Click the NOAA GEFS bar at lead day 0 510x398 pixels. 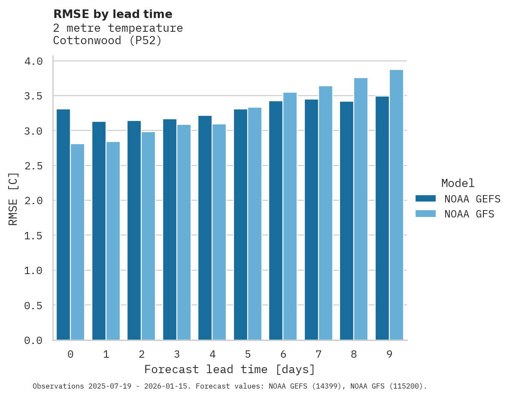pos(63,225)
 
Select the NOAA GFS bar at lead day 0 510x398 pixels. pos(77,242)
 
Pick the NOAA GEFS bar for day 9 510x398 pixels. pos(382,218)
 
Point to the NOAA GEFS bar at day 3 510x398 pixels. pos(170,229)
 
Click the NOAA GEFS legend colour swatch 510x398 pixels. pos(425,199)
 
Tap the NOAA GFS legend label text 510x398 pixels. pos(469,214)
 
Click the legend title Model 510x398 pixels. pos(458,184)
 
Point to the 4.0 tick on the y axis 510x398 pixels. pos(33,61)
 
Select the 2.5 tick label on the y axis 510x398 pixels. pos(33,166)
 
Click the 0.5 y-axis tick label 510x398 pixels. pos(33,305)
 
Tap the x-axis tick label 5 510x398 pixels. pos(248,354)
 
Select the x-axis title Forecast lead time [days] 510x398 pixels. pos(230,369)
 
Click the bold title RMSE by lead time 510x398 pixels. pos(112,14)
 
